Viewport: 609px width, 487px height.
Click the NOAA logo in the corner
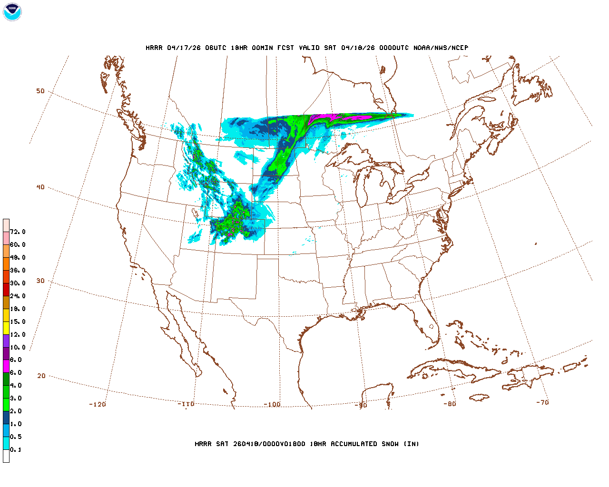tap(12, 12)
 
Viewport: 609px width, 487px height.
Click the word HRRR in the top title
tap(154, 48)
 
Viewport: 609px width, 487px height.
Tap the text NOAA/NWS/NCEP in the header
tap(441, 48)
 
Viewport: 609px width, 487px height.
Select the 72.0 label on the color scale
tap(18, 232)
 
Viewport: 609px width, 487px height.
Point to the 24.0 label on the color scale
tap(18, 296)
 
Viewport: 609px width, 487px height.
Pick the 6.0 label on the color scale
tap(16, 373)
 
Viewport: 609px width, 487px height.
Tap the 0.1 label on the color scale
tap(16, 449)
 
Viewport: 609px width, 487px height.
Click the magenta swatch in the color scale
tap(6, 366)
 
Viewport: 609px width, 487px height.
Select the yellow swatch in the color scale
tap(6, 328)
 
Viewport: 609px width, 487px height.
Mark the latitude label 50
tap(40, 91)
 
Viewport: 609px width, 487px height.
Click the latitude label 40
tap(40, 187)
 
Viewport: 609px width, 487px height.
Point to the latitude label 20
tap(41, 376)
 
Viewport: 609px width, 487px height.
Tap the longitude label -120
tap(98, 404)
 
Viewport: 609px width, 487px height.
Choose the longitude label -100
tap(272, 405)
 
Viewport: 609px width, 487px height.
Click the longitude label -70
tap(542, 402)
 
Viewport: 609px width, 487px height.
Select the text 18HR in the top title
tap(239, 48)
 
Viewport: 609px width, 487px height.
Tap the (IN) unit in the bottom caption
tap(412, 444)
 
